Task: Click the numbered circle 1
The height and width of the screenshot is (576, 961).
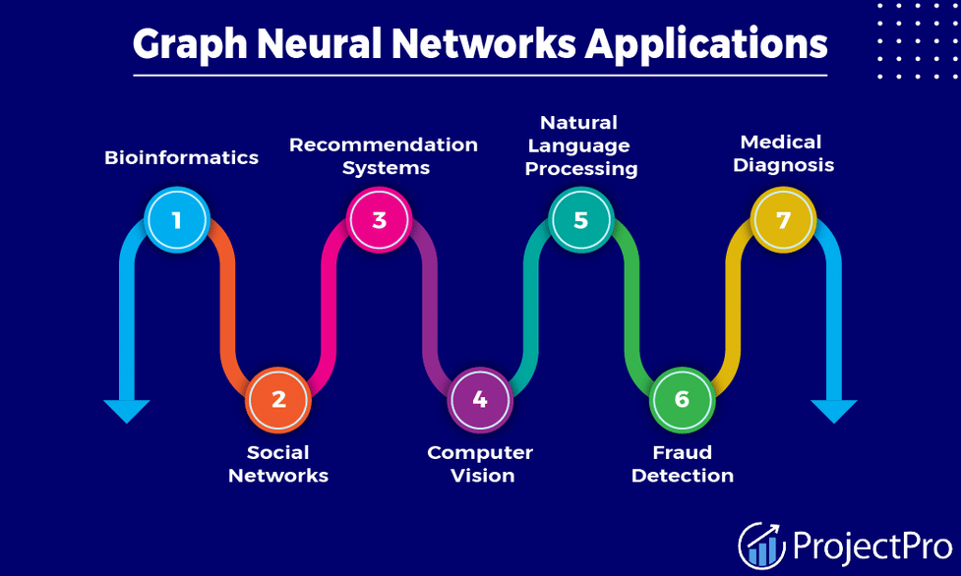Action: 177,219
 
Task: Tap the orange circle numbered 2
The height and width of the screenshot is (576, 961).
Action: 278,400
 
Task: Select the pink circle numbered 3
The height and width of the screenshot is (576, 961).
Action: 380,219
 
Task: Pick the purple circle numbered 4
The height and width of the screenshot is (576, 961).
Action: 480,400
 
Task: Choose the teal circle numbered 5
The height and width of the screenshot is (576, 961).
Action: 580,219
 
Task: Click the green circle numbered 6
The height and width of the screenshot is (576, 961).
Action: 682,400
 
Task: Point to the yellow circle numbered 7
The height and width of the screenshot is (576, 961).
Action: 783,219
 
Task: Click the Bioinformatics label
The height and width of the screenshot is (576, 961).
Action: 182,157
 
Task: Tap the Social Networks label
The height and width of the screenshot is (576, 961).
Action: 278,464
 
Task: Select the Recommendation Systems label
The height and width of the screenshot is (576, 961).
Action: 384,155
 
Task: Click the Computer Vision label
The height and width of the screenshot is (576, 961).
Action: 480,464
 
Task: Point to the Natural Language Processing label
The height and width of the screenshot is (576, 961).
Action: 580,145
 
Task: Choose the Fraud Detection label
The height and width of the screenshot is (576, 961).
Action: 683,464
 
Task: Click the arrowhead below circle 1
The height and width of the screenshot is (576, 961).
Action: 127,410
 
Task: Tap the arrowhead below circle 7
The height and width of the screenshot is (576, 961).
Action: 834,410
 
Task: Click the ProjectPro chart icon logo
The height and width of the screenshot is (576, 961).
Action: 761,545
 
